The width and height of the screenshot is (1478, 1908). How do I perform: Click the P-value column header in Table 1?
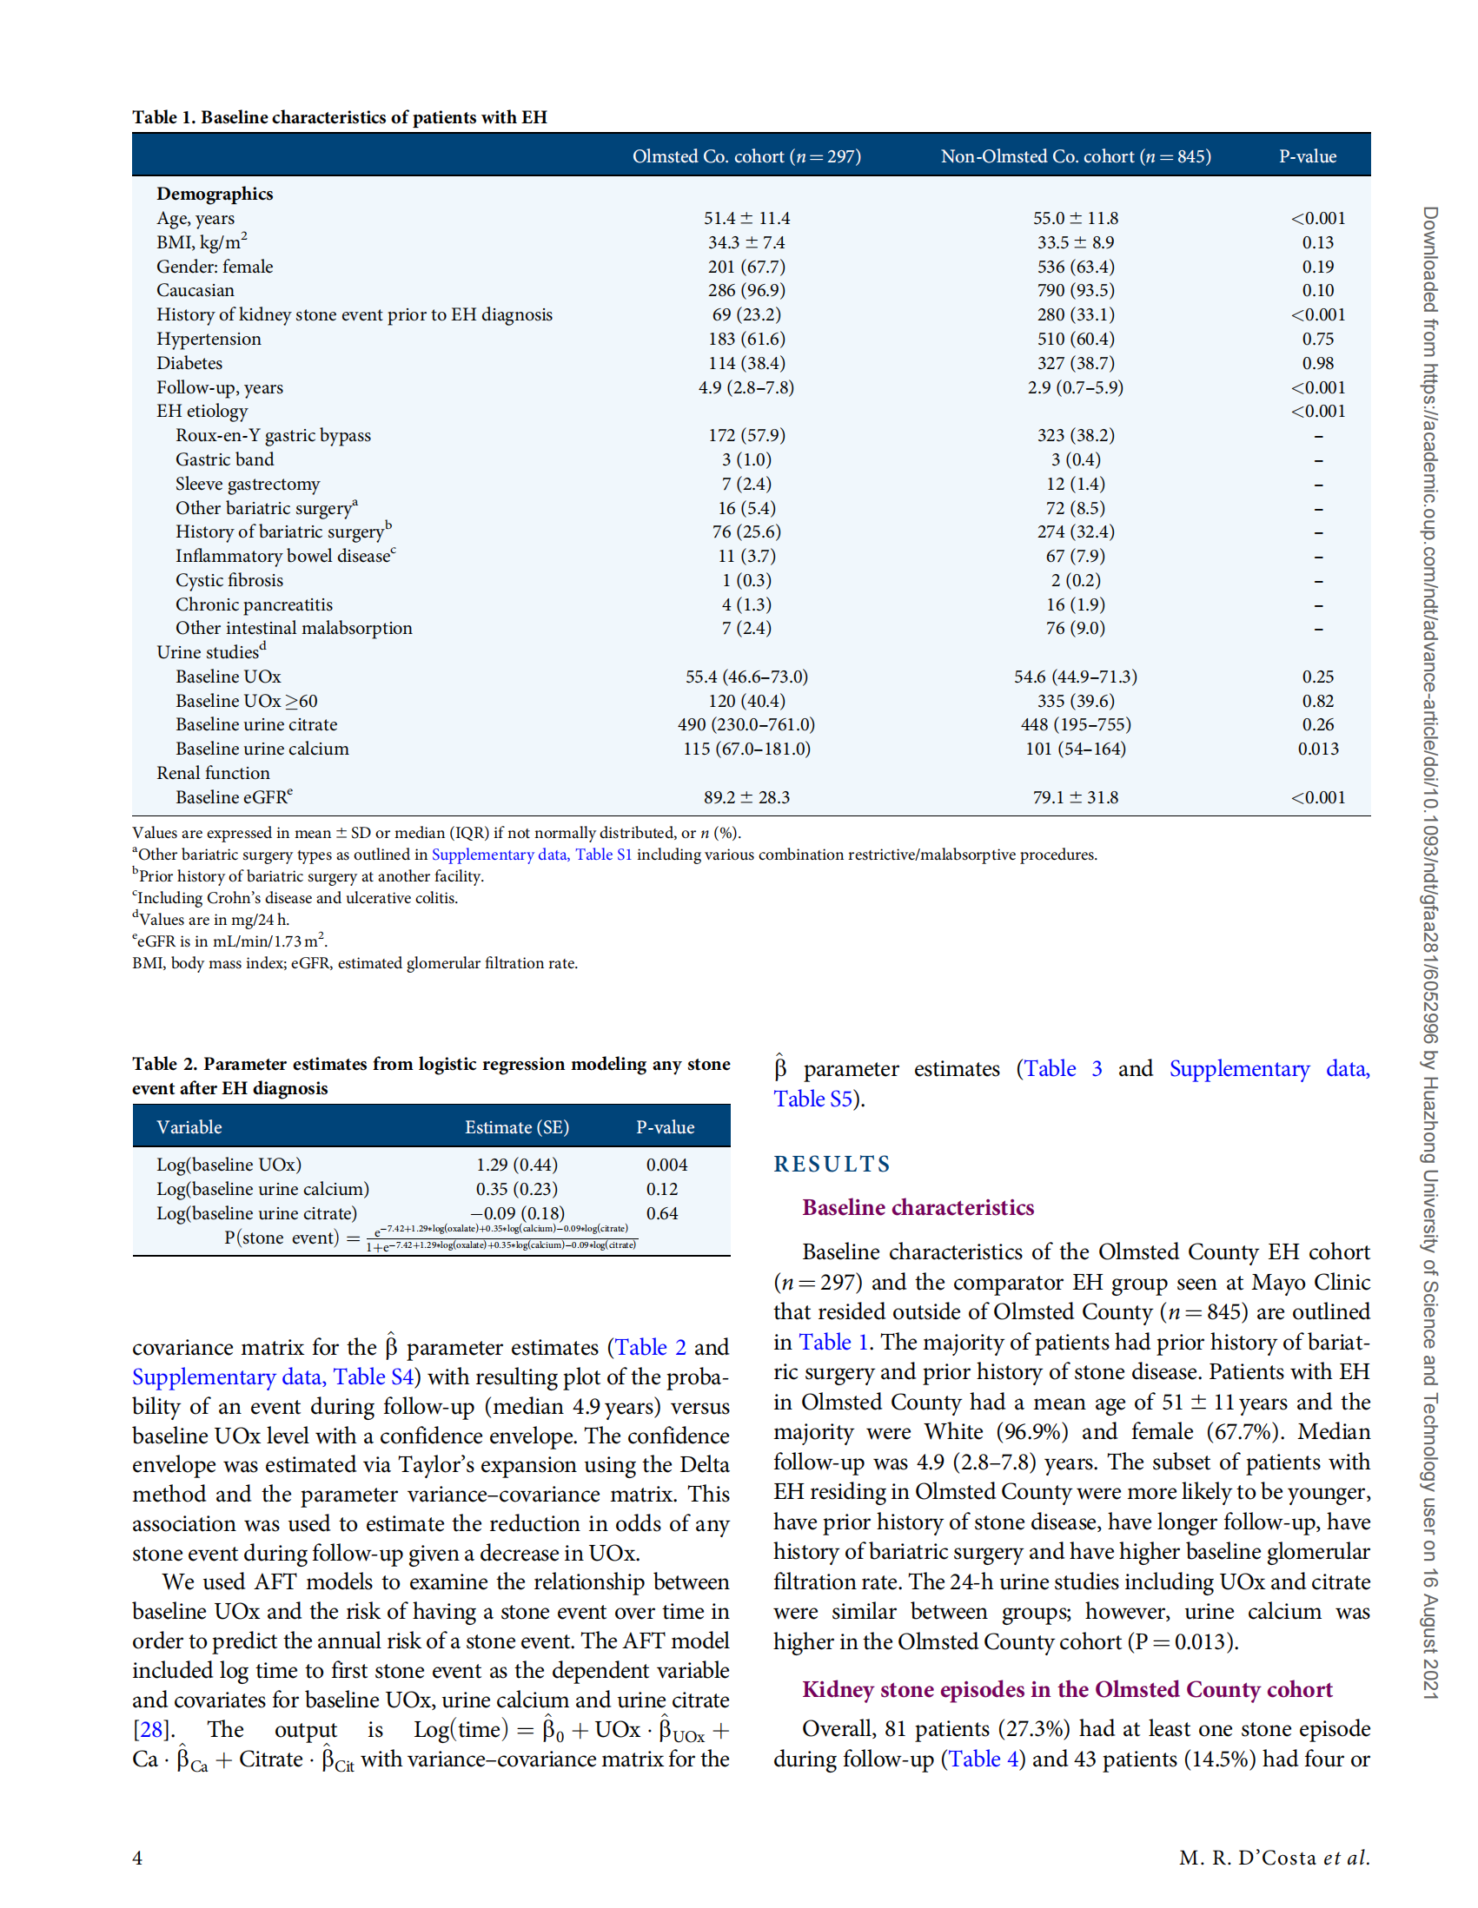click(1307, 156)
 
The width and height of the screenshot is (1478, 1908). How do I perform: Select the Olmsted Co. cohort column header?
click(746, 156)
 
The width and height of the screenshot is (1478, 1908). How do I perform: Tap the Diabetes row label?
click(189, 362)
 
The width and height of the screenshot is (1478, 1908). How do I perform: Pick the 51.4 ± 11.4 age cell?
click(746, 218)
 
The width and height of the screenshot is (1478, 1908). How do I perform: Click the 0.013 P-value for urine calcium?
click(1317, 749)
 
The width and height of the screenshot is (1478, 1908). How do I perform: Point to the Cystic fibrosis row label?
click(229, 580)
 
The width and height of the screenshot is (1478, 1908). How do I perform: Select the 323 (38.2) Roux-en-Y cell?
click(1075, 435)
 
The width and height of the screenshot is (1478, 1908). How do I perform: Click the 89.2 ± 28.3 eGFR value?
click(746, 796)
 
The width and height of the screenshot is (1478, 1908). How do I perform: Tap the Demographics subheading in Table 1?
click(215, 194)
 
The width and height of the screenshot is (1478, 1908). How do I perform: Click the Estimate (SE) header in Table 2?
click(516, 1127)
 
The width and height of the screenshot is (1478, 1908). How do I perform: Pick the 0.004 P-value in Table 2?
click(666, 1165)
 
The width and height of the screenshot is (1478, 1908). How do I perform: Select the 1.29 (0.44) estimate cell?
click(516, 1165)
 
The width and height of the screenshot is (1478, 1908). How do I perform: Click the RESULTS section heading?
click(832, 1164)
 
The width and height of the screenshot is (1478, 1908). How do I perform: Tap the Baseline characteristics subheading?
click(918, 1207)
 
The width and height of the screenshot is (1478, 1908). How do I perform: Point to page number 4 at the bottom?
click(137, 1858)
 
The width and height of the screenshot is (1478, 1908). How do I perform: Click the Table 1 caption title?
click(339, 117)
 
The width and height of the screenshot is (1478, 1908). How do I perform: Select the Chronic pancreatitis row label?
click(254, 604)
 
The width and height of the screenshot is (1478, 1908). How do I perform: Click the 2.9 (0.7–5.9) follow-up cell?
click(1075, 387)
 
